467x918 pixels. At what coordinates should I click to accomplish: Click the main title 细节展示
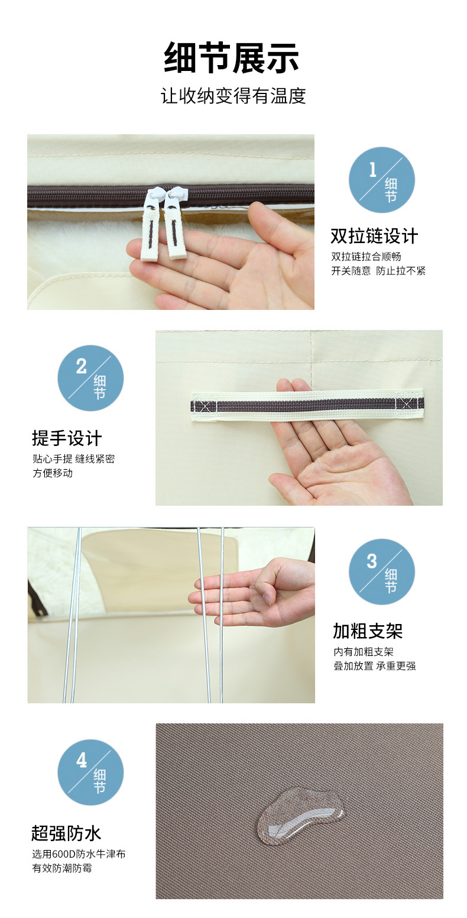[232, 58]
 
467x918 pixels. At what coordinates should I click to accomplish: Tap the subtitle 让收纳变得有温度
[233, 96]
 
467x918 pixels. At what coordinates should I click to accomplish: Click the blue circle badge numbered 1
[381, 180]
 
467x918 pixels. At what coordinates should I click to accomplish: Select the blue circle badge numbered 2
[90, 378]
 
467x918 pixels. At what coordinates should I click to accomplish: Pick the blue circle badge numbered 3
[381, 571]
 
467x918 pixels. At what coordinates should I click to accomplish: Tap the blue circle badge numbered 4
[90, 772]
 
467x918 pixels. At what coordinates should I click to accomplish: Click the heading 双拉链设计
[374, 237]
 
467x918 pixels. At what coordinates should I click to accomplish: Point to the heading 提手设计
[67, 438]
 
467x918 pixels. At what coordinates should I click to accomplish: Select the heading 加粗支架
[367, 631]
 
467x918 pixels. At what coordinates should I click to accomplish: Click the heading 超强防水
[66, 833]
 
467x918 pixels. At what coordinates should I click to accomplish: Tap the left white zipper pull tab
[150, 225]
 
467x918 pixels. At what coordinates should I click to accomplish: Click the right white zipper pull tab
[175, 224]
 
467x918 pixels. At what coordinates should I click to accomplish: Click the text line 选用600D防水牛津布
[79, 854]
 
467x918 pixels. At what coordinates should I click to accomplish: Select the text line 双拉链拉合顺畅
[366, 257]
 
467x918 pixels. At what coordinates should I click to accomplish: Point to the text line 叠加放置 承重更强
[374, 666]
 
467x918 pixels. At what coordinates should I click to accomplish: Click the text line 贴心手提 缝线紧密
[73, 459]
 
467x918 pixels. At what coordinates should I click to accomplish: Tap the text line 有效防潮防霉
[62, 868]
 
